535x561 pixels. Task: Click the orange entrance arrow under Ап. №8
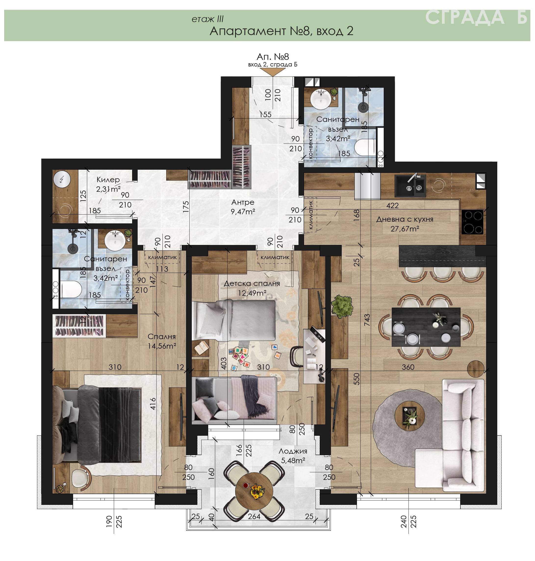pos(273,72)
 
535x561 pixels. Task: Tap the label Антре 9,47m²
pos(243,207)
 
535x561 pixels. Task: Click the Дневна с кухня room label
pos(405,219)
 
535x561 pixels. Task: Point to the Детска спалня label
pos(252,283)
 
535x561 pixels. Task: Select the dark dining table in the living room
pos(426,327)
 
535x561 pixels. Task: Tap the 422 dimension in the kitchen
pos(392,205)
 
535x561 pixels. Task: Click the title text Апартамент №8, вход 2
pos(281,31)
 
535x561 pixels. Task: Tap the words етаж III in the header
pos(207,19)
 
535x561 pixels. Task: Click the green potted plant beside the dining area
pos(342,306)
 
